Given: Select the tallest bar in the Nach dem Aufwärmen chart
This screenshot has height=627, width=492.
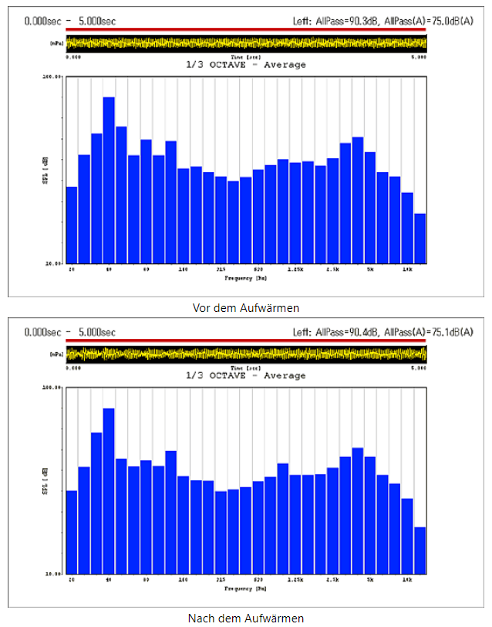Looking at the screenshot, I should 109,491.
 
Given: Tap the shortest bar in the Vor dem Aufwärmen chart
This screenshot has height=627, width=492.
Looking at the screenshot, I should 420,238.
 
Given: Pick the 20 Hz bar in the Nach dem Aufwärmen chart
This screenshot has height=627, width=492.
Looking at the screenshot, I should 72,533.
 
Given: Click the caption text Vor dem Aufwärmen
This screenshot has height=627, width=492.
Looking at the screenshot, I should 246,307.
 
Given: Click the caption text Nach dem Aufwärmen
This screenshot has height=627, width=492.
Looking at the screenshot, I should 246,618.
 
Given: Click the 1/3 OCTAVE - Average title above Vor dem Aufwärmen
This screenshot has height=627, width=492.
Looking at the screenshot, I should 246,65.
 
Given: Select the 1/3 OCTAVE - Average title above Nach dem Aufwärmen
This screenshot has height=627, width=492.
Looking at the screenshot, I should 246,376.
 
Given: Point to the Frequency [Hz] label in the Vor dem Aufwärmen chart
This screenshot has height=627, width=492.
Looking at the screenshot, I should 246,276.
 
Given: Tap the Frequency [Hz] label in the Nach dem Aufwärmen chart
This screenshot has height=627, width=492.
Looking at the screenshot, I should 246,588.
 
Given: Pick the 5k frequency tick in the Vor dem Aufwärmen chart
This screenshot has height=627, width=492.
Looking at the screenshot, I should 370,269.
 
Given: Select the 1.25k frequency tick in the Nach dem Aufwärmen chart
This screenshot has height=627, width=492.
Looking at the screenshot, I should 295,581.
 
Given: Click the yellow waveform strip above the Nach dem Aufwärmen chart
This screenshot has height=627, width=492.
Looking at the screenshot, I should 246,354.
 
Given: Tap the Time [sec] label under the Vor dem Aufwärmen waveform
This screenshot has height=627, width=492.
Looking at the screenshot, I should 246,57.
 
